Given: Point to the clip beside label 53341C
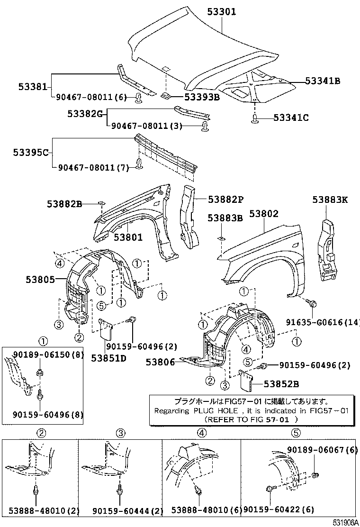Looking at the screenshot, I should coord(254,118).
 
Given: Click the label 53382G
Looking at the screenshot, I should coord(85,114).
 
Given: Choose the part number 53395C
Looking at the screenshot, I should coord(31,153).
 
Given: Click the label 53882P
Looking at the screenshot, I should coord(225,200).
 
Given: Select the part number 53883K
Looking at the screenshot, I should coord(330,200).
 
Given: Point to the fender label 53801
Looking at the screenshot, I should coord(128,237).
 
